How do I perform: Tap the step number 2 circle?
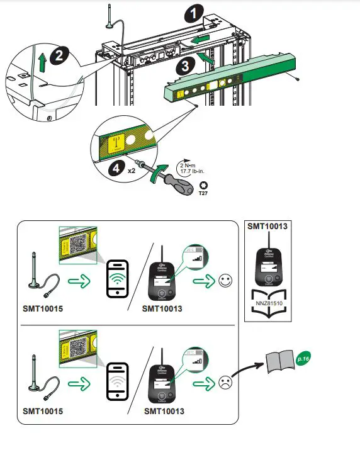coord(58,55)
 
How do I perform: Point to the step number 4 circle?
coord(116,168)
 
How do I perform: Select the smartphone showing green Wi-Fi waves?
coord(118,278)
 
